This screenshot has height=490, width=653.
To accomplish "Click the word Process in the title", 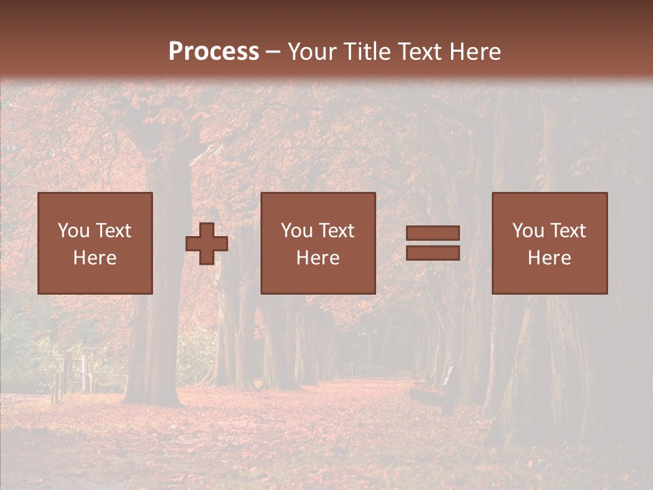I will [214, 52].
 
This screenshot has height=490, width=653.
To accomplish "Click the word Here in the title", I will [476, 52].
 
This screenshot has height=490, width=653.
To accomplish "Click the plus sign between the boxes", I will [207, 244].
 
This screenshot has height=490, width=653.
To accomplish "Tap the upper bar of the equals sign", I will [433, 233].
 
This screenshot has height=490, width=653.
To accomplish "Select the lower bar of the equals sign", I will [433, 253].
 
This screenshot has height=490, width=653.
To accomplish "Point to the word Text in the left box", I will [113, 231].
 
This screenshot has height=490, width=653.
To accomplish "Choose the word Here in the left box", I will [95, 258].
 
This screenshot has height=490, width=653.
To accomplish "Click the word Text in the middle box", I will [336, 231].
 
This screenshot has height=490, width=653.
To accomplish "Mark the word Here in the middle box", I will [318, 258].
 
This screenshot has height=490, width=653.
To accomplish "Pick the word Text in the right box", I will [567, 231].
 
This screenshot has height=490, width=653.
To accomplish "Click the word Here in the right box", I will [549, 258].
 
